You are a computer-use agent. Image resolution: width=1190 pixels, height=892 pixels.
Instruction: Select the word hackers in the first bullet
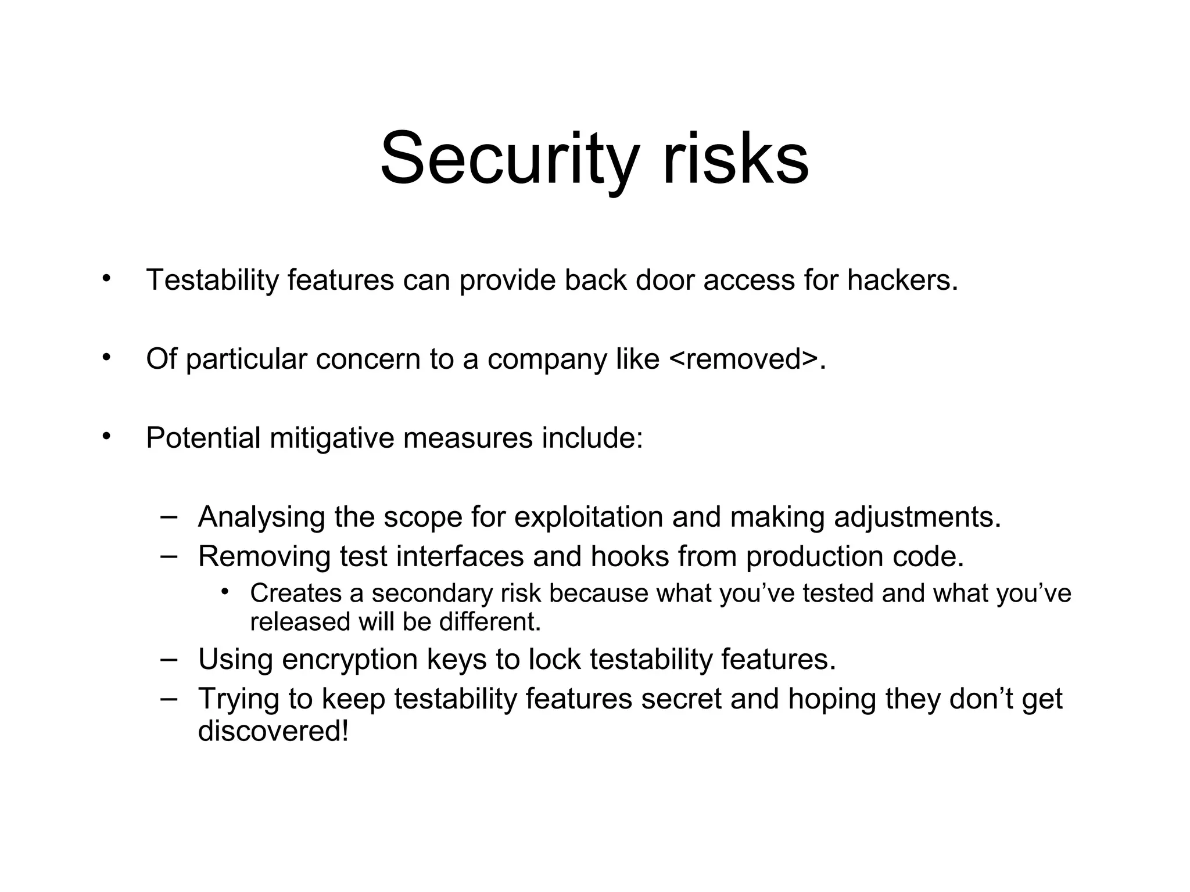(x=901, y=280)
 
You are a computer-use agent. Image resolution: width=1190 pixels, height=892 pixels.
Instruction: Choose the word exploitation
(x=588, y=517)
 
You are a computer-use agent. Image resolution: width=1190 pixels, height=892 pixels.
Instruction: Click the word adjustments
(x=917, y=517)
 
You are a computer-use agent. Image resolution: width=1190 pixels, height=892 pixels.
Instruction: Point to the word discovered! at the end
(x=273, y=731)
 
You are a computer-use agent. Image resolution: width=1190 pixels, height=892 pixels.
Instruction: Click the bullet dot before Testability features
(x=105, y=279)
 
